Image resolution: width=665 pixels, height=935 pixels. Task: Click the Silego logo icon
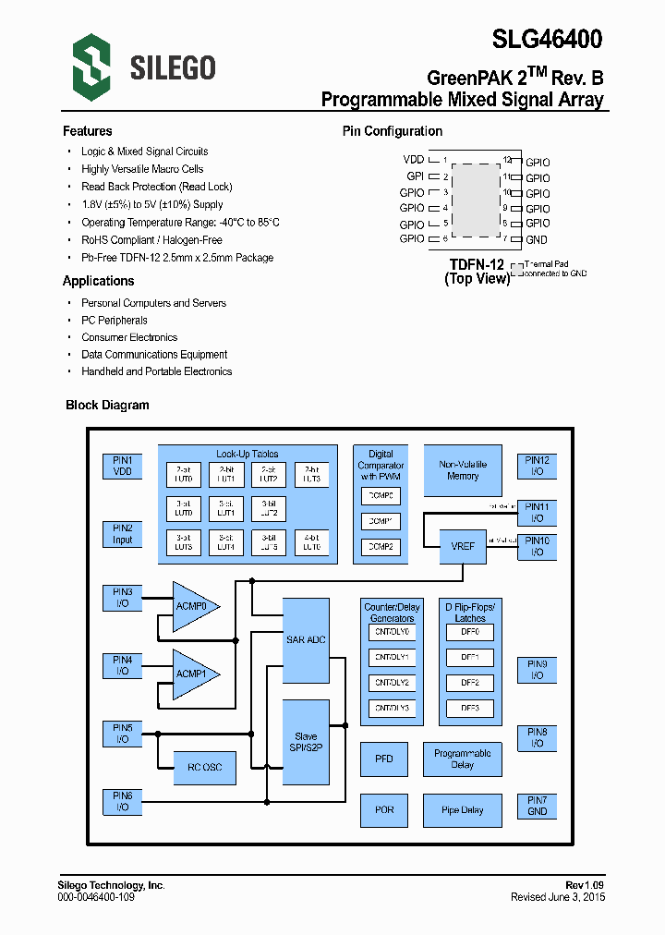point(91,64)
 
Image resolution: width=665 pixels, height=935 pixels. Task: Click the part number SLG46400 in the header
point(548,39)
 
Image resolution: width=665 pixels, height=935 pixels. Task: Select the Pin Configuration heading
point(393,131)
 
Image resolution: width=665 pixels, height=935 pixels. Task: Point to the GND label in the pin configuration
point(537,239)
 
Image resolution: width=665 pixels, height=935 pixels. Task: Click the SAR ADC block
point(306,639)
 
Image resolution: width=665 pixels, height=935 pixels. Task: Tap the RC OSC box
point(205,767)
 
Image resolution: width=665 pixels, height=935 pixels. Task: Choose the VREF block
point(463,546)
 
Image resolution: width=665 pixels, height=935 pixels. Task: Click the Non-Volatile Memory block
point(463,470)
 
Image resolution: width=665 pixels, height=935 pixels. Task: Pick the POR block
point(384,810)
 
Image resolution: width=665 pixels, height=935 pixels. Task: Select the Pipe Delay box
point(463,810)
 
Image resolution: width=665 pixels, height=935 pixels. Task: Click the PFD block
point(384,759)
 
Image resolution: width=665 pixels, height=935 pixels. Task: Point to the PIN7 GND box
point(537,806)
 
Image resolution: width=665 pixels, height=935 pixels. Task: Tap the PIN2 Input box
point(123,534)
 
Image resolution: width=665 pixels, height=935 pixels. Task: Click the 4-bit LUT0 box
point(312,542)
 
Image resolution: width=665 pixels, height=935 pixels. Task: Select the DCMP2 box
point(381,547)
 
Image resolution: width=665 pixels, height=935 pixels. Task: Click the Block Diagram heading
point(107,405)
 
